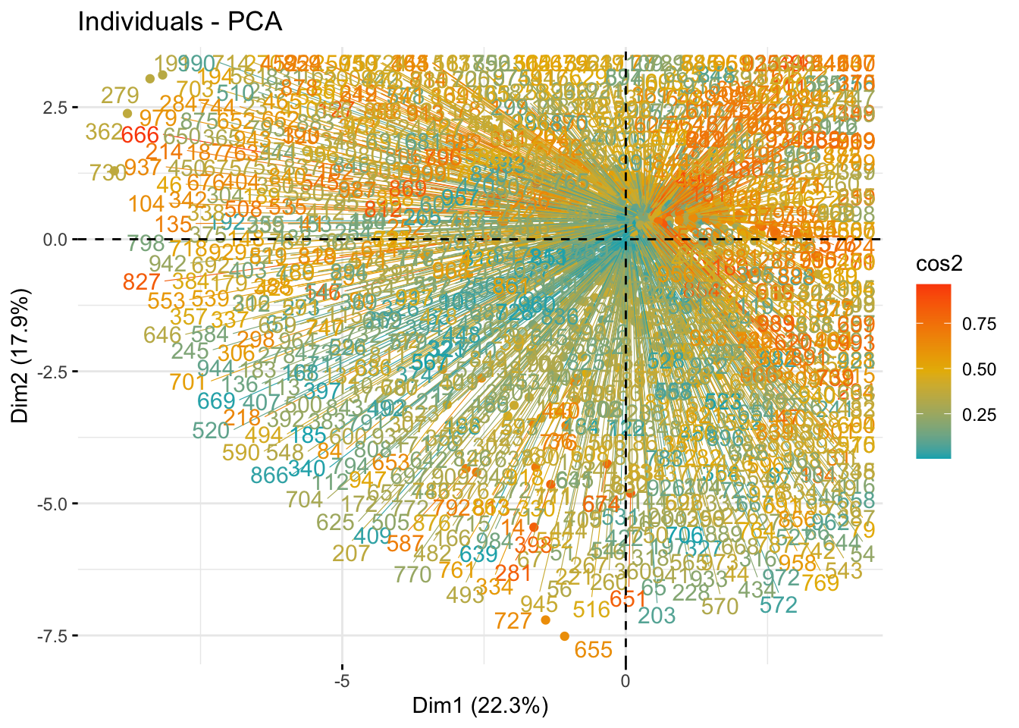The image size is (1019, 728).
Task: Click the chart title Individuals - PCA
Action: pyautogui.click(x=180, y=22)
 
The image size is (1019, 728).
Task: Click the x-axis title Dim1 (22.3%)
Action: pyautogui.click(x=480, y=705)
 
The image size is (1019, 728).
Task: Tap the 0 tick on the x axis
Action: pyautogui.click(x=626, y=681)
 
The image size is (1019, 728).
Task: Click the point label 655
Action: pyautogui.click(x=593, y=650)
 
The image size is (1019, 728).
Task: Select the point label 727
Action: pyautogui.click(x=513, y=621)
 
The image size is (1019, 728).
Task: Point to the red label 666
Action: pyautogui.click(x=140, y=136)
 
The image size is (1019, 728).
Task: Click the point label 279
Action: pyautogui.click(x=120, y=96)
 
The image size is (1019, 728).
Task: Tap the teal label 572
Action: pyautogui.click(x=779, y=605)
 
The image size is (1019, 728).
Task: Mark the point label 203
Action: pyautogui.click(x=657, y=615)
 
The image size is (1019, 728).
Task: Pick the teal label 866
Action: pyautogui.click(x=270, y=475)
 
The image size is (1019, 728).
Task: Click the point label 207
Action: pyautogui.click(x=351, y=554)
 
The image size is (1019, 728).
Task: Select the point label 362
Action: pyautogui.click(x=104, y=132)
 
